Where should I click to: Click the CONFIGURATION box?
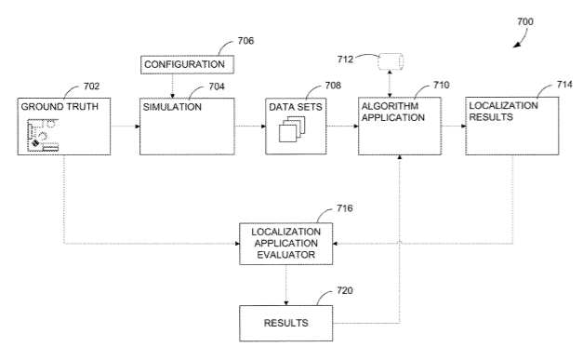(187, 65)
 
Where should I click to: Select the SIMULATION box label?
(172, 107)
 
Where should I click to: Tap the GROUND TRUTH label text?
(60, 107)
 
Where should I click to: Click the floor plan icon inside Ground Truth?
(43, 135)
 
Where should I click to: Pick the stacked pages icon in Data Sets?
(292, 129)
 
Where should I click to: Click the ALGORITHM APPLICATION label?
(392, 112)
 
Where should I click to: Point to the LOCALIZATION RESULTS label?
(503, 112)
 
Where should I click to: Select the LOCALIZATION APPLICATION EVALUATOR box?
(286, 244)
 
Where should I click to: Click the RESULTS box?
(286, 323)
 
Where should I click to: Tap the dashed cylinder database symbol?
(391, 61)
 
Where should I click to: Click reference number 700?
(525, 21)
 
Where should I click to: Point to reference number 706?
(245, 41)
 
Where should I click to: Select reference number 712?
(345, 60)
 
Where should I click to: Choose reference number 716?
(345, 208)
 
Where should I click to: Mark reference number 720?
(345, 290)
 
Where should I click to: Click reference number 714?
(564, 85)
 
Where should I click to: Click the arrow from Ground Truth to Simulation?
(125, 127)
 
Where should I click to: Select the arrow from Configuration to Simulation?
(172, 86)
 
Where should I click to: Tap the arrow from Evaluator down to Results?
(286, 286)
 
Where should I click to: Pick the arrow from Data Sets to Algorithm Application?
(342, 127)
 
